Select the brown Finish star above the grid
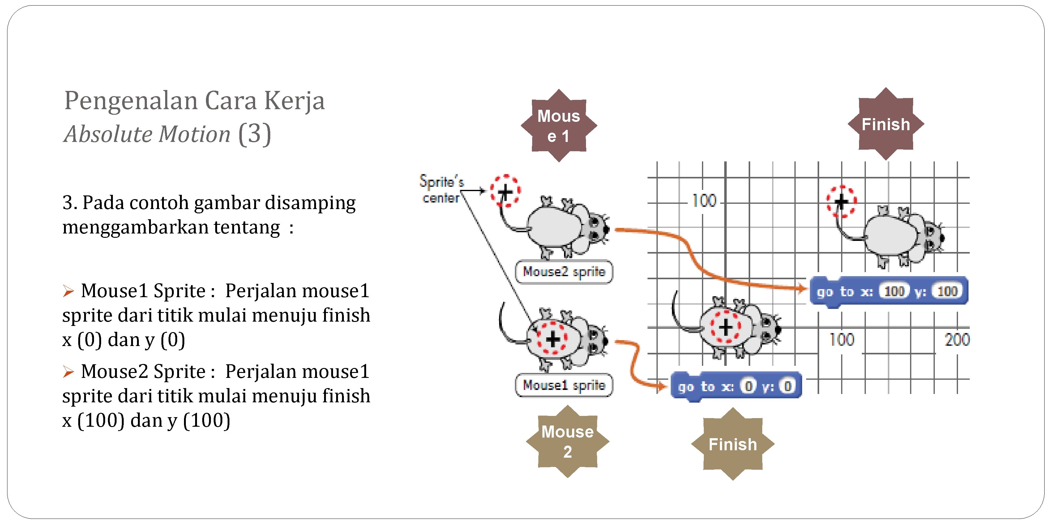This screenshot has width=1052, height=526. (885, 124)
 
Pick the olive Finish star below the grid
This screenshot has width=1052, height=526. (733, 444)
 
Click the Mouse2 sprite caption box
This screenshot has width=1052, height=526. (564, 272)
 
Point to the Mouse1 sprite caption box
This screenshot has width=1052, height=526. (564, 385)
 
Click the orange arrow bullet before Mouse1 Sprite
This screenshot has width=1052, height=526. (68, 291)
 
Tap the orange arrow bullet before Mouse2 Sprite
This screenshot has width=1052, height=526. (68, 372)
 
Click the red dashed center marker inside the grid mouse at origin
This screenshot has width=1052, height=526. (725, 327)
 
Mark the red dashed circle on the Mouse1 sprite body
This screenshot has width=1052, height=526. (552, 339)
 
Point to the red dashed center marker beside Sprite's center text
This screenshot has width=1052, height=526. (505, 191)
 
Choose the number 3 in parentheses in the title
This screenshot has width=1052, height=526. (254, 134)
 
